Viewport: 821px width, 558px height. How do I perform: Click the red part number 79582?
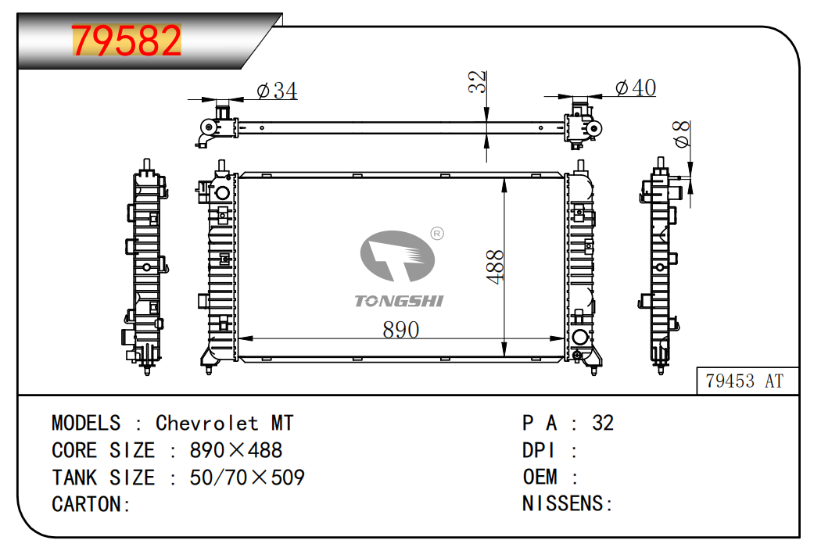coord(127,41)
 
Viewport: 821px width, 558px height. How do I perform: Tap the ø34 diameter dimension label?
coord(277,91)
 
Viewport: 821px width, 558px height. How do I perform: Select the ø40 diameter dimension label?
coord(635,88)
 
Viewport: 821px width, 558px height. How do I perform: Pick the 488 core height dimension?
coord(495,266)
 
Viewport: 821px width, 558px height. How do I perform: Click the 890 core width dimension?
coord(400,330)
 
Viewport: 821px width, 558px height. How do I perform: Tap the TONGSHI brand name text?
coord(399,301)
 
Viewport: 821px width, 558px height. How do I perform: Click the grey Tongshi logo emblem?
coord(397,256)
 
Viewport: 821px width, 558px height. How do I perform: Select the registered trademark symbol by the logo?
coord(438,232)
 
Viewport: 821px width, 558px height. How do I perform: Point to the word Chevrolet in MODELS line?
coord(206,423)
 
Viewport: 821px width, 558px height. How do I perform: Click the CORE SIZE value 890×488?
coord(236,450)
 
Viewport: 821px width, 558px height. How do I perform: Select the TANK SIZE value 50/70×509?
coord(247,477)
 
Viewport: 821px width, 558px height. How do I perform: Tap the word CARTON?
coord(87,504)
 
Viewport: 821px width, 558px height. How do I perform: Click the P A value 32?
coord(603,423)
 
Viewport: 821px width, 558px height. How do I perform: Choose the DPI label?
coord(539,450)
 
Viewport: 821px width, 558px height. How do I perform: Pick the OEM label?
coord(540,477)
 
